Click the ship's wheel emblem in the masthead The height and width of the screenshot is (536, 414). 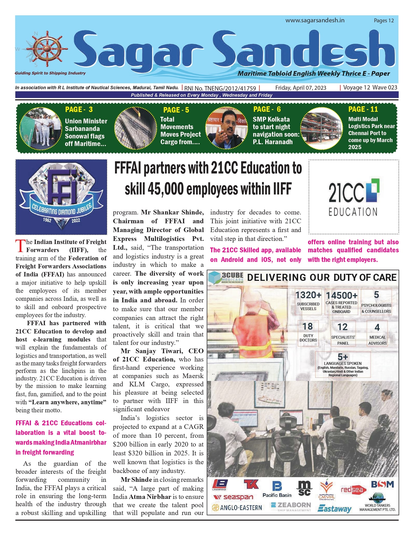click(47, 49)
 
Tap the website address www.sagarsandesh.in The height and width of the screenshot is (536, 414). click(315, 20)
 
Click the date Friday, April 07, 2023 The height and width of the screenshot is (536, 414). click(301, 88)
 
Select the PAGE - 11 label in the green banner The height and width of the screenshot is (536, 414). click(363, 109)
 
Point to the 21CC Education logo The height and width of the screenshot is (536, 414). click(354, 197)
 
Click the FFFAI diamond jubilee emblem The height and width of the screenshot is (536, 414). click(61, 197)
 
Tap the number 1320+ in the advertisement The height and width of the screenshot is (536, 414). click(308, 295)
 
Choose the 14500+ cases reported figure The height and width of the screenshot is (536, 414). click(342, 295)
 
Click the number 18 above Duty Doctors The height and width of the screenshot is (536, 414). click(308, 326)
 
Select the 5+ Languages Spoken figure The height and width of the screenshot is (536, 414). click(343, 357)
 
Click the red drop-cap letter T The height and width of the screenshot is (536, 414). click(20, 246)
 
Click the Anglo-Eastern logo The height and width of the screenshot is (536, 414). click(237, 507)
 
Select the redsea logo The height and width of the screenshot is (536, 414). click(354, 490)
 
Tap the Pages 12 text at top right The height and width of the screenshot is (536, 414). click(384, 20)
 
